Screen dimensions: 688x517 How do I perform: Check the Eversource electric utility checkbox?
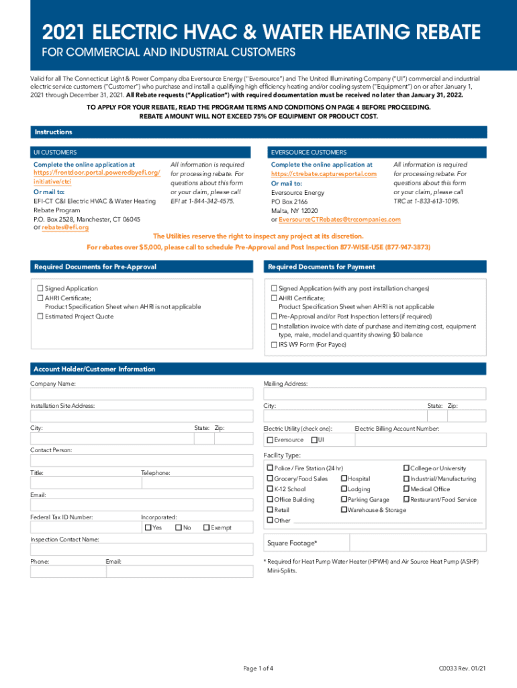(x=270, y=440)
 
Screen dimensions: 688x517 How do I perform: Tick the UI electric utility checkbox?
(x=314, y=440)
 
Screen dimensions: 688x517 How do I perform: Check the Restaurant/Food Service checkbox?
(x=406, y=499)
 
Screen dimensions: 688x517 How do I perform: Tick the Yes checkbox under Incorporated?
(x=148, y=527)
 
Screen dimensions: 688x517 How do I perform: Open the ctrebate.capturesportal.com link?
(x=324, y=174)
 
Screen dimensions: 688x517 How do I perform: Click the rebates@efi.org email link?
(x=65, y=228)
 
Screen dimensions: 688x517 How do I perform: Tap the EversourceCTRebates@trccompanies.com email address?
(x=339, y=220)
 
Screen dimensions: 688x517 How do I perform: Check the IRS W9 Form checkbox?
(x=274, y=345)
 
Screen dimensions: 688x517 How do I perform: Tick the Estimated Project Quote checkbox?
(x=40, y=316)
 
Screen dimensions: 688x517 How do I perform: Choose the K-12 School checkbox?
(x=270, y=489)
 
